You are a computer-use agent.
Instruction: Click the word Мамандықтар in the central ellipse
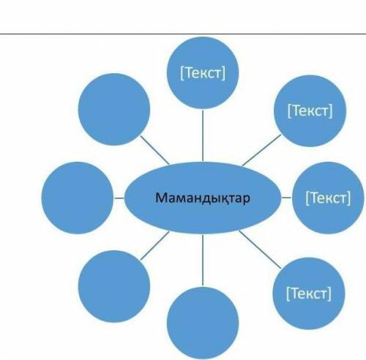tap(203, 198)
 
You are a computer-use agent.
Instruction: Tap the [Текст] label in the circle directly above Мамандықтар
tap(203, 72)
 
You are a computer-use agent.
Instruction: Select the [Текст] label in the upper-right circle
tap(310, 110)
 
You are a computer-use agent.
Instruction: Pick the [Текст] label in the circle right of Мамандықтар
tap(328, 198)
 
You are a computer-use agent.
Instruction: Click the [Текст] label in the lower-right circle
tap(309, 293)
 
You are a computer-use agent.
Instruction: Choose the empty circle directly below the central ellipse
tap(203, 323)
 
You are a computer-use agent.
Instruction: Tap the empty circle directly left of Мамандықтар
tap(78, 198)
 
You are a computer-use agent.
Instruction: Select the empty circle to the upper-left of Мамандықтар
tap(114, 109)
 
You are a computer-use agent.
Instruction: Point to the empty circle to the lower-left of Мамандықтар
tap(114, 286)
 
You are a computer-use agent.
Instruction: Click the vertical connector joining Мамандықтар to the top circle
tap(203, 135)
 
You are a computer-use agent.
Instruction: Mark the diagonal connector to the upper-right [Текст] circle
tap(261, 150)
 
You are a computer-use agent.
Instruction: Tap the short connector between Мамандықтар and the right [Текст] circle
tap(286, 198)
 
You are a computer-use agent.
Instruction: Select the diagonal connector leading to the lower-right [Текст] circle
tap(260, 250)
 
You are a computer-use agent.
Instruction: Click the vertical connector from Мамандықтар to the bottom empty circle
tap(203, 260)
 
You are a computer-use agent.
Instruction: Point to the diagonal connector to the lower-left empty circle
tap(155, 245)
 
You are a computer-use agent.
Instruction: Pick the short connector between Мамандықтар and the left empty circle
tap(119, 198)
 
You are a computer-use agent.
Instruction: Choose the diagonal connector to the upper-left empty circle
tap(155, 150)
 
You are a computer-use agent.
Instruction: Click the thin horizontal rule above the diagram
tap(183, 34)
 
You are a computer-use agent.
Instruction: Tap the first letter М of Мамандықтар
tap(160, 198)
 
